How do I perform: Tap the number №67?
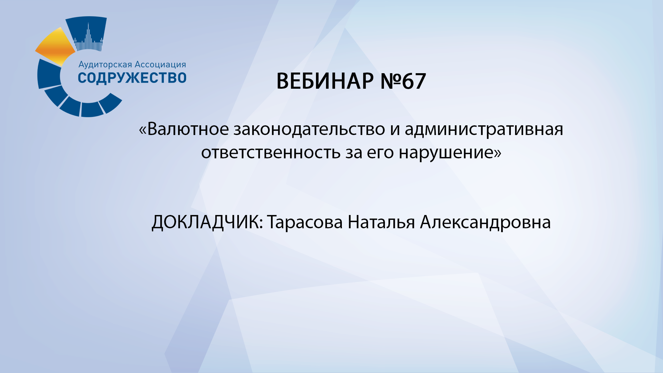coord(403,81)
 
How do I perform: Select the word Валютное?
coord(188,129)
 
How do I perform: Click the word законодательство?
coord(309,129)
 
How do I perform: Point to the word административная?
coord(484,129)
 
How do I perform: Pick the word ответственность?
coord(271,152)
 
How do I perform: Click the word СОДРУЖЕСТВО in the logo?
coord(132,78)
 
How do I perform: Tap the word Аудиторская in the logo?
coord(105,65)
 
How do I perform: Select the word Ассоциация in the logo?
coord(160,65)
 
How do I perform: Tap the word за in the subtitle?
coord(354,153)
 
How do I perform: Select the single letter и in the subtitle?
coord(395,130)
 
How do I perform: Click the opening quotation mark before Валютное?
coord(142,130)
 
